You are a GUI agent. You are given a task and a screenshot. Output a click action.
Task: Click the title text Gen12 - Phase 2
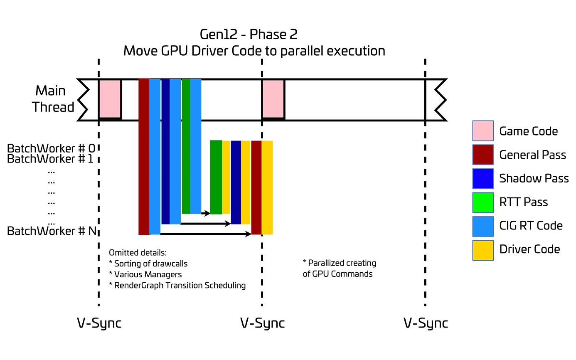tap(249, 35)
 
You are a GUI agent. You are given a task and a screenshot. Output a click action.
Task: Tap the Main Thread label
tap(53, 99)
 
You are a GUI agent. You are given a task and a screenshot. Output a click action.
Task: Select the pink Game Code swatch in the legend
tap(482, 131)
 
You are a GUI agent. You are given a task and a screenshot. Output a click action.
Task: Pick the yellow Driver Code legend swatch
tap(482, 250)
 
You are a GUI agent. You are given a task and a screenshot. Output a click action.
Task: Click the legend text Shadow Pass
tap(534, 178)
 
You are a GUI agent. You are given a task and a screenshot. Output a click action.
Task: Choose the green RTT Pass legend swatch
tap(482, 202)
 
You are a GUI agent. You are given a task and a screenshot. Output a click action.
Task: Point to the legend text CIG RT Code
tap(531, 225)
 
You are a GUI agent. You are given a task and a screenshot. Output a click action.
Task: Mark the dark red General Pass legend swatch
tap(482, 155)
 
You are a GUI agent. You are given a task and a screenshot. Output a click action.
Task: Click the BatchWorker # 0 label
tap(51, 148)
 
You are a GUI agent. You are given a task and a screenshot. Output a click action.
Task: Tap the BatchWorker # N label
tap(52, 231)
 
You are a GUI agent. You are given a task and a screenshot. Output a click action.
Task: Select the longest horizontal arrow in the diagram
tap(206, 234)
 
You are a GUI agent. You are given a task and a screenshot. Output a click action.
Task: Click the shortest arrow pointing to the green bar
tap(206, 213)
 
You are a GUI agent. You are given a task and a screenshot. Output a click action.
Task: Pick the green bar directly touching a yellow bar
tap(216, 177)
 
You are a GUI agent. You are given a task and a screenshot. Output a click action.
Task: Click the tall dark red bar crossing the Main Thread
tap(144, 157)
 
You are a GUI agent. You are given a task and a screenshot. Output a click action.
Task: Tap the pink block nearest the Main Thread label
tap(110, 99)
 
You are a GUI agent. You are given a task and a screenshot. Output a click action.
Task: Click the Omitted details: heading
tap(138, 252)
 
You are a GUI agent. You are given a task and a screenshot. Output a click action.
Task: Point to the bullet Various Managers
tap(145, 274)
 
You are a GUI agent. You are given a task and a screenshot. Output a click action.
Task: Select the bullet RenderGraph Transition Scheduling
tap(177, 286)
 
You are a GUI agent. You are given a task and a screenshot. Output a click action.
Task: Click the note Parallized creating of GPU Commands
tap(339, 269)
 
